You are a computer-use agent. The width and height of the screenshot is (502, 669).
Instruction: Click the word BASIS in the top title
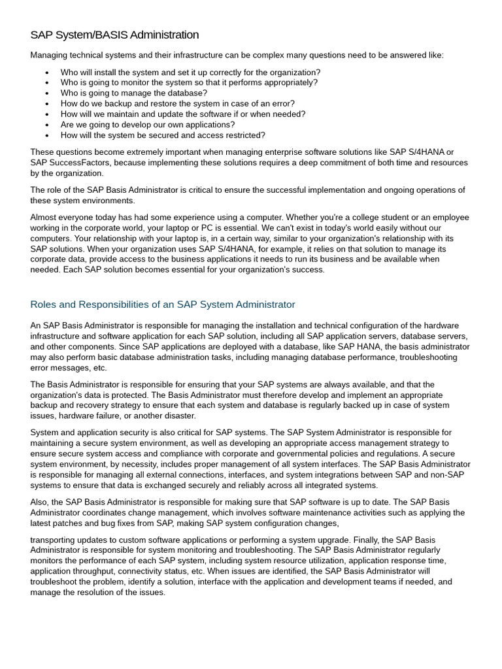pyautogui.click(x=101, y=35)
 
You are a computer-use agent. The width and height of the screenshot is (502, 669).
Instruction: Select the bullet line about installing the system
pyautogui.click(x=190, y=72)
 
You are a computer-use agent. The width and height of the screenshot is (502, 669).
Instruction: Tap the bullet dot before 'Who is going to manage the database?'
pyautogui.click(x=47, y=93)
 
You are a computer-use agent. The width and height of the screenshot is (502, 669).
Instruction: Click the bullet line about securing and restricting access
pyautogui.click(x=163, y=135)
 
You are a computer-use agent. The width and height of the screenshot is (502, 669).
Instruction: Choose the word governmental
pyautogui.click(x=307, y=453)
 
